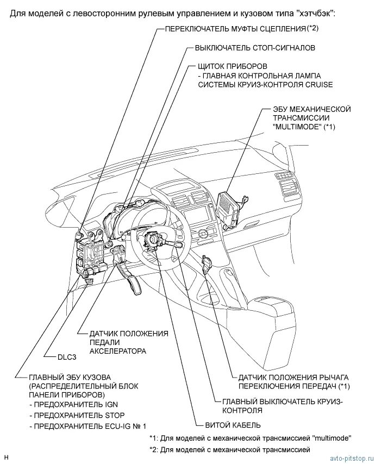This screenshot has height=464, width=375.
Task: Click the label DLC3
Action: tap(68, 358)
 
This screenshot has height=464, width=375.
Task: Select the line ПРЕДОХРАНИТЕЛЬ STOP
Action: tap(76, 415)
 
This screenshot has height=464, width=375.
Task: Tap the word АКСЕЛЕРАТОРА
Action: tap(118, 352)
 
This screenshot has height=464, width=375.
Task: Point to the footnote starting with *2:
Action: tap(229, 449)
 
